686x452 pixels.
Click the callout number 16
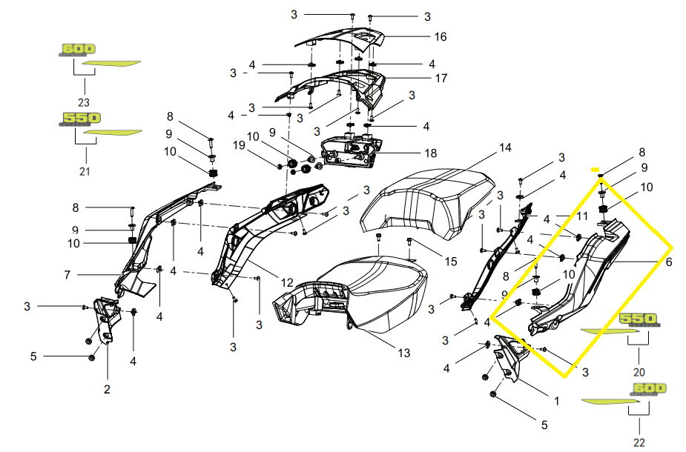click(x=441, y=36)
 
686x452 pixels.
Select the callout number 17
click(x=441, y=78)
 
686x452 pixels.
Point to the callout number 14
click(x=504, y=147)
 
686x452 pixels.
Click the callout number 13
click(x=403, y=353)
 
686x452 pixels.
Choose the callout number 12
click(x=286, y=282)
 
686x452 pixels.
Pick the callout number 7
click(x=67, y=275)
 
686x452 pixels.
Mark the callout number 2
click(x=107, y=389)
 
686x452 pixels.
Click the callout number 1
click(x=556, y=400)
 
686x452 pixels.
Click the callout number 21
click(x=85, y=172)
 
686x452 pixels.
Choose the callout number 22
click(x=640, y=443)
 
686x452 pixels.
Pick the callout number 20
click(x=639, y=372)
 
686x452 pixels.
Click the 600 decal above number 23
click(x=78, y=49)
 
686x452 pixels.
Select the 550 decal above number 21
click(x=80, y=118)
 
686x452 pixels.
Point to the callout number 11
click(x=582, y=216)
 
